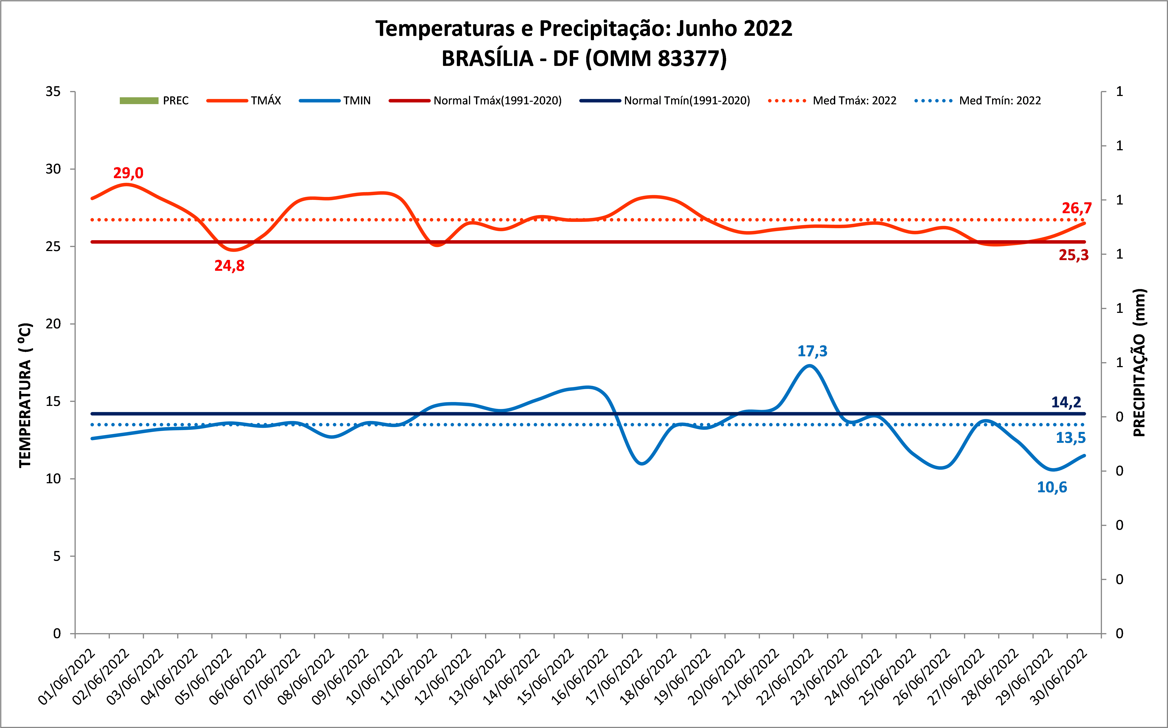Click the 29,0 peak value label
(128, 173)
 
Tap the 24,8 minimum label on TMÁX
(229, 266)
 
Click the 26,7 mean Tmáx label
(1076, 208)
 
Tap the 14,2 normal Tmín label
(1066, 402)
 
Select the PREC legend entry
(154, 101)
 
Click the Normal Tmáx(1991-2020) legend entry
(476, 101)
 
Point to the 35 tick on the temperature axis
(54, 92)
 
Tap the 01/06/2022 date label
(67, 677)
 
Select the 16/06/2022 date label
(580, 677)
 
